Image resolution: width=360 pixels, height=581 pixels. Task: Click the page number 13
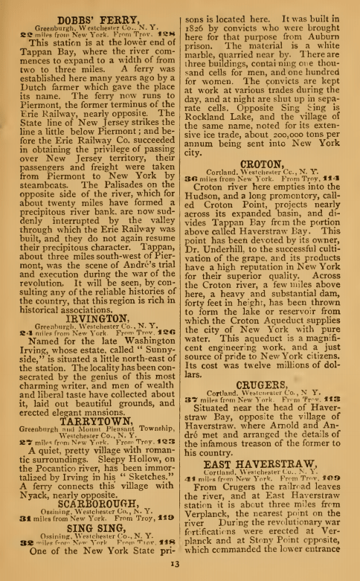click(181, 569)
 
